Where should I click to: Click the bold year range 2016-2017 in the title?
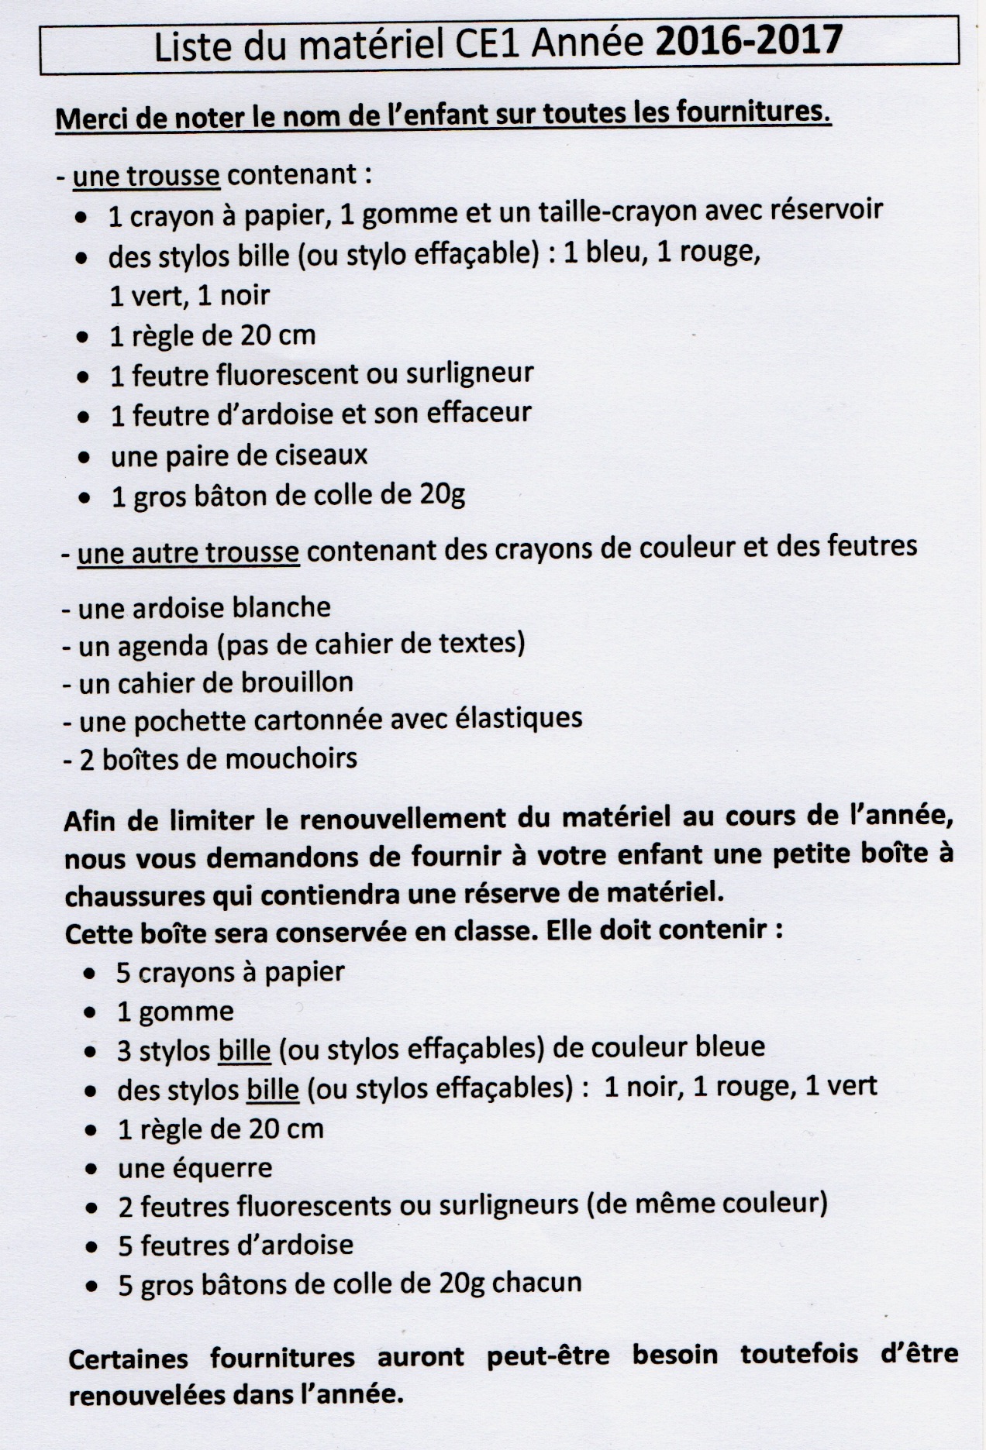pyautogui.click(x=749, y=40)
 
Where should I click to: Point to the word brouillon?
pyautogui.click(x=304, y=682)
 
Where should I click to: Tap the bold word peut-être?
pyautogui.click(x=547, y=1356)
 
